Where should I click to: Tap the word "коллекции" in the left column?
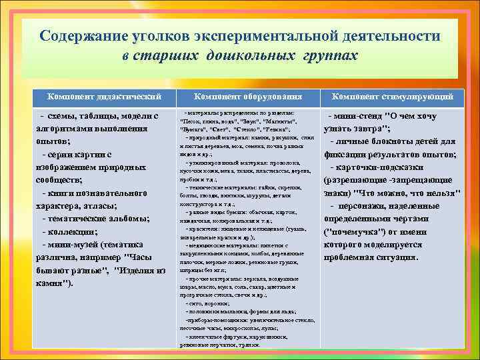[69, 231]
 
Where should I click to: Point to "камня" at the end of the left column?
[49, 283]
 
